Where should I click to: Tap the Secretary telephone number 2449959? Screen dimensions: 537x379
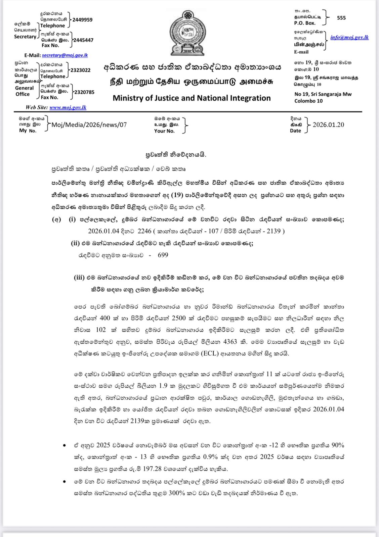[82, 20]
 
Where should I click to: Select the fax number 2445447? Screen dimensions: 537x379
[83, 40]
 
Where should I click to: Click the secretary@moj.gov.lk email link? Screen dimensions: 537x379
[65, 55]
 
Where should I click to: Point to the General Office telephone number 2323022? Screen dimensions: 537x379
[80, 70]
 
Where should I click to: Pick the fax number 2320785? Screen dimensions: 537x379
[84, 92]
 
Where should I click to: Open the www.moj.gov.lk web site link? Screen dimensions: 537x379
[68, 107]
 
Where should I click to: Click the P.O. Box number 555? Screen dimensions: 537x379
[341, 18]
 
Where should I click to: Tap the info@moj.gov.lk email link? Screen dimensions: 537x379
[349, 37]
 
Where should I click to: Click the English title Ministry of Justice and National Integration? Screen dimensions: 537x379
[192, 98]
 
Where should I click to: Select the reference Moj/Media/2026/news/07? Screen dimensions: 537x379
[89, 125]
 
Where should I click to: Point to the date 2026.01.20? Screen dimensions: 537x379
[328, 125]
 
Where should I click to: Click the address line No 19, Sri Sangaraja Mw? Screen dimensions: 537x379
[323, 94]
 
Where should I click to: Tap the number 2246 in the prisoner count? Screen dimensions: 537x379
[144, 231]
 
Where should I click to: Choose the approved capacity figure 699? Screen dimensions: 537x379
[163, 255]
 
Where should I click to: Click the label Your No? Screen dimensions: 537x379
[164, 131]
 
